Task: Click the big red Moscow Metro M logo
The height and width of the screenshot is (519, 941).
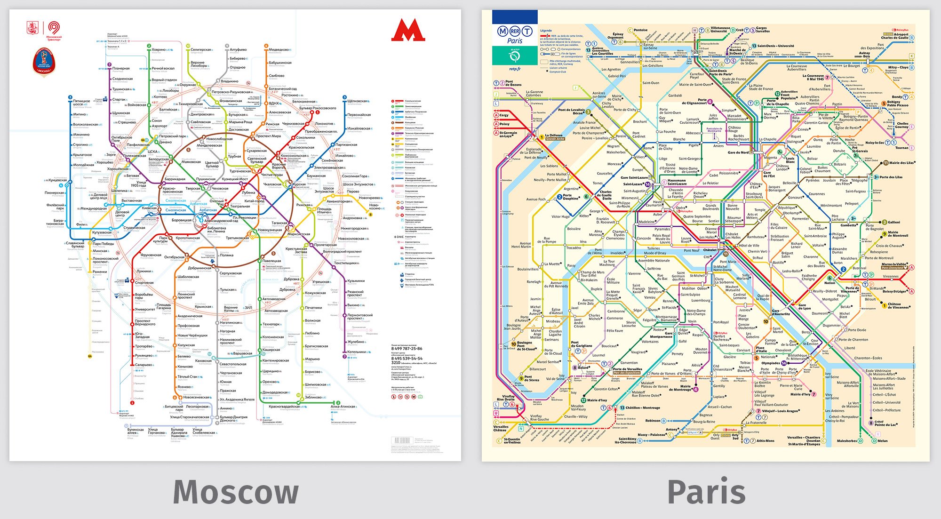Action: click(408, 31)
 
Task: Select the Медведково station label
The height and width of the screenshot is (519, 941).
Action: click(279, 50)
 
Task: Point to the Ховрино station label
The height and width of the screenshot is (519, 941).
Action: click(159, 49)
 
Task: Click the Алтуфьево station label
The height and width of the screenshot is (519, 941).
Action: click(238, 49)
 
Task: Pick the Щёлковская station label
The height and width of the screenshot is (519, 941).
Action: click(357, 101)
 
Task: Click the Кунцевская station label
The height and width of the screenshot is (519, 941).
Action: click(57, 180)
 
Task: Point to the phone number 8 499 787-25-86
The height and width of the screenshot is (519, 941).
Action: click(407, 349)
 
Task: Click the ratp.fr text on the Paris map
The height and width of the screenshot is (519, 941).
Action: click(515, 69)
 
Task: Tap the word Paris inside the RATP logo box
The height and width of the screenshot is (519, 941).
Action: click(514, 41)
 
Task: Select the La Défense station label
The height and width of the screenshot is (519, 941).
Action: click(554, 136)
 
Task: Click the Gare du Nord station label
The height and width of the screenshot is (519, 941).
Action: click(738, 152)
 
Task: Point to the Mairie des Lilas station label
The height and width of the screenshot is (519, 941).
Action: click(902, 163)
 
